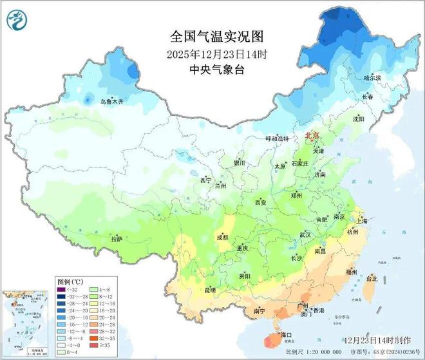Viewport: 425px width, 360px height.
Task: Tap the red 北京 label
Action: [x=314, y=137]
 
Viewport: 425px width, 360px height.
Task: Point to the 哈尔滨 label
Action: [x=373, y=77]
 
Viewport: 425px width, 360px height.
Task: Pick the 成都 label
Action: [x=222, y=238]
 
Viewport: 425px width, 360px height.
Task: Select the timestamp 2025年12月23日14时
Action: [x=208, y=53]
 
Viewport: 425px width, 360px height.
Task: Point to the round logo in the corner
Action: [x=15, y=22]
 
